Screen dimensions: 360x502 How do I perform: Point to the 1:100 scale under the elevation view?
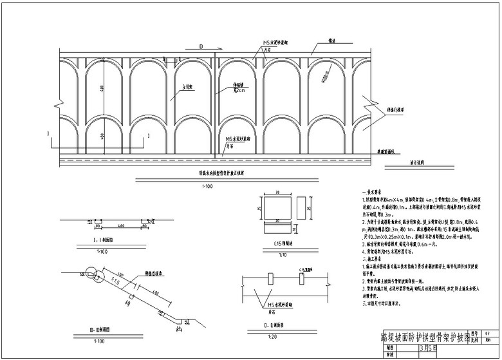tap(207, 186)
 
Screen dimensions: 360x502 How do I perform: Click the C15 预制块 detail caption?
tap(278, 245)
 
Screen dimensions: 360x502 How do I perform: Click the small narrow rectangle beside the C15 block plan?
tap(302, 209)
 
